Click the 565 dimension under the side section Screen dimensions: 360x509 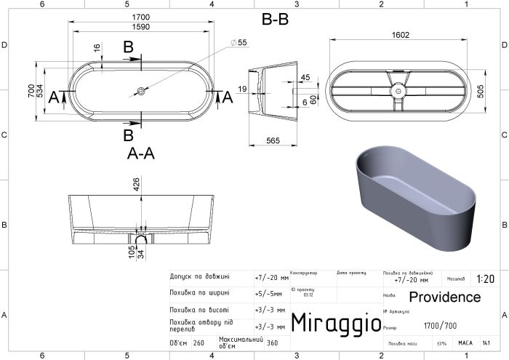click(x=273, y=140)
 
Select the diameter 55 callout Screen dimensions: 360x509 click(x=242, y=43)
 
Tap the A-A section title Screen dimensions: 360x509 click(x=142, y=154)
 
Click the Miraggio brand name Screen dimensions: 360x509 click(x=336, y=321)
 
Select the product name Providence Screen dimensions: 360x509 click(x=444, y=297)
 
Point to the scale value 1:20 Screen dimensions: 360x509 click(x=485, y=279)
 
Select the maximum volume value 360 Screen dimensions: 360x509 click(x=272, y=343)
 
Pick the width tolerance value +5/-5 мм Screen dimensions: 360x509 click(x=270, y=293)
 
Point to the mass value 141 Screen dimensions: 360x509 click(x=495, y=343)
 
